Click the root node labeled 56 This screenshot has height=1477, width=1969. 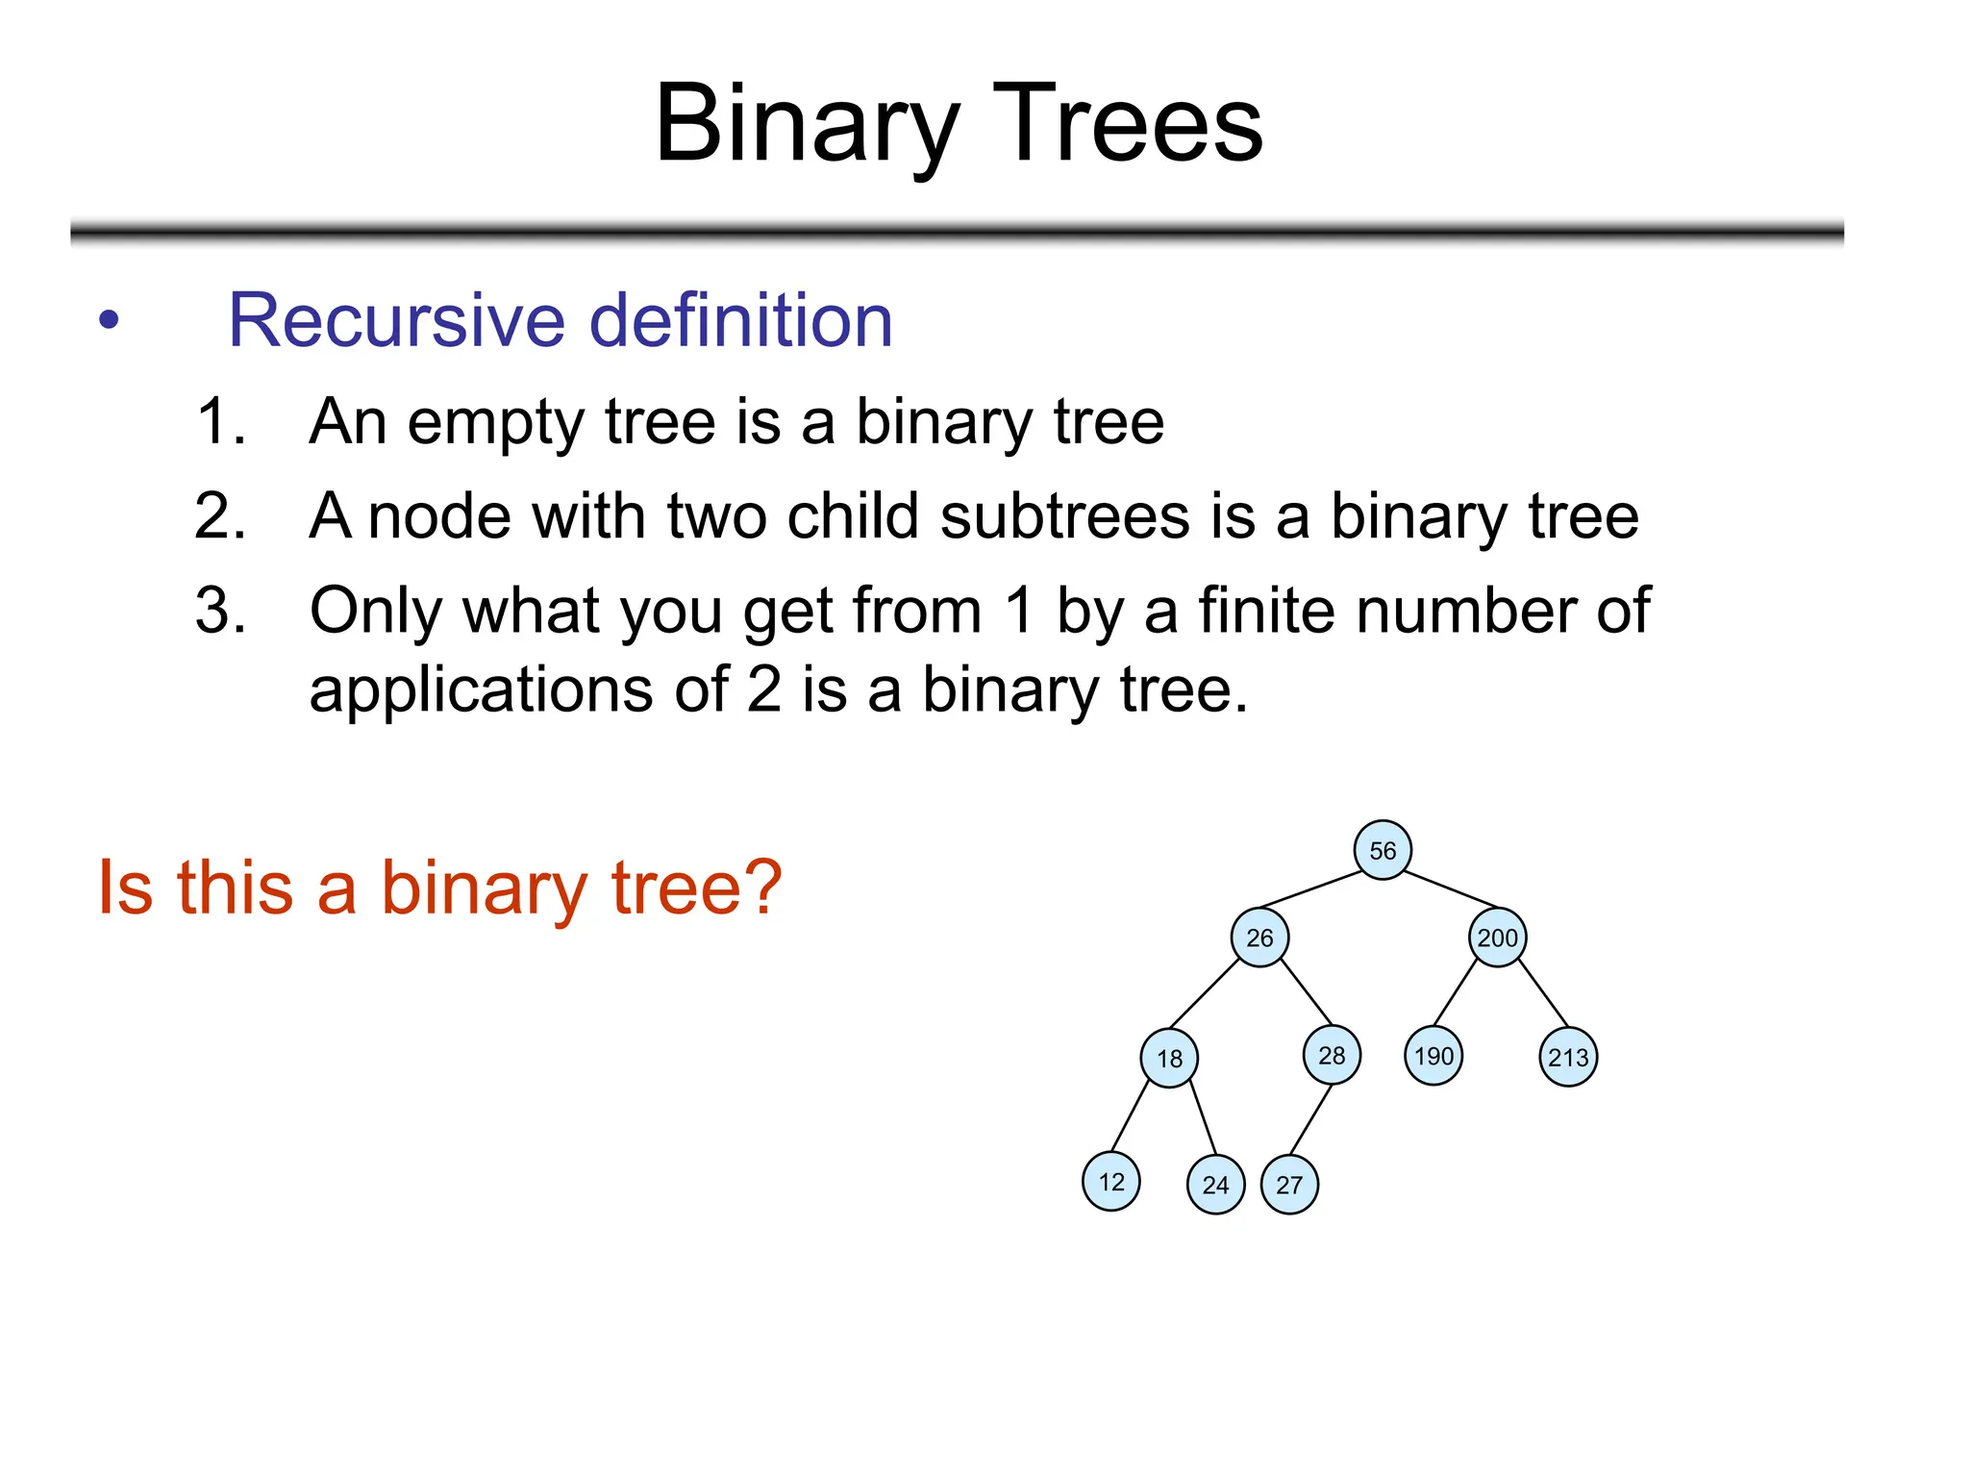point(1382,850)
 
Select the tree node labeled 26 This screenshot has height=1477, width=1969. point(1259,938)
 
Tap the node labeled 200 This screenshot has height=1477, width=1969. point(1497,938)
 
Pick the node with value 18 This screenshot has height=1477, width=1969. point(1168,1059)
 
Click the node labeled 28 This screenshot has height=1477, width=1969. point(1331,1056)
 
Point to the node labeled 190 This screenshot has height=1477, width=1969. point(1433,1056)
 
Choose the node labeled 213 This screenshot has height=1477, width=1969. point(1567,1058)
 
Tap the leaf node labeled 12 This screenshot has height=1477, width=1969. point(1110,1182)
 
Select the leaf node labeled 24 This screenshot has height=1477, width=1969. point(1215,1185)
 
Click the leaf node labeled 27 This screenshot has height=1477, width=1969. point(1288,1185)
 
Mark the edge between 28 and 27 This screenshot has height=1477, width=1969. point(1310,1119)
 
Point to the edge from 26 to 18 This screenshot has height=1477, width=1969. point(1205,993)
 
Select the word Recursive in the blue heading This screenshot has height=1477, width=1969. point(397,320)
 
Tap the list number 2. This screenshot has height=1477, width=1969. point(219,516)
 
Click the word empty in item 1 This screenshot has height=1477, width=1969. point(494,422)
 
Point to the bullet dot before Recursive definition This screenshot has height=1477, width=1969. point(109,320)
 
